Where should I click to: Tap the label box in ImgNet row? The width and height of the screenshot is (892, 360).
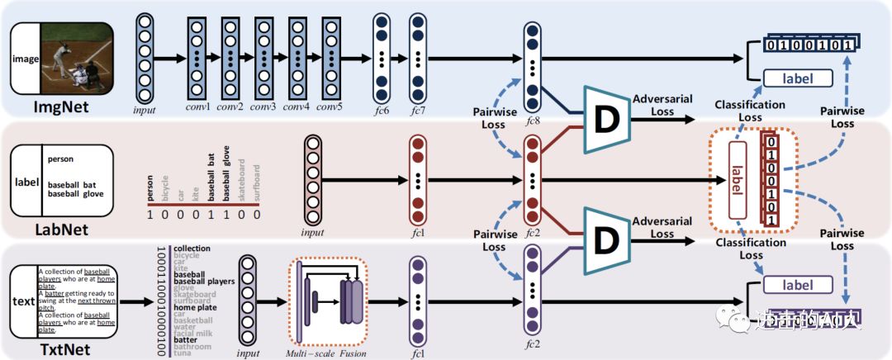coord(796,79)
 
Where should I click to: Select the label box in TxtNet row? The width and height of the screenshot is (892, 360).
coord(796,286)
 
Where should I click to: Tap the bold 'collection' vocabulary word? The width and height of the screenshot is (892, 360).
coord(192,248)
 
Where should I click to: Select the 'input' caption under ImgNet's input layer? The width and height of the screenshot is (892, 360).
coord(145,108)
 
